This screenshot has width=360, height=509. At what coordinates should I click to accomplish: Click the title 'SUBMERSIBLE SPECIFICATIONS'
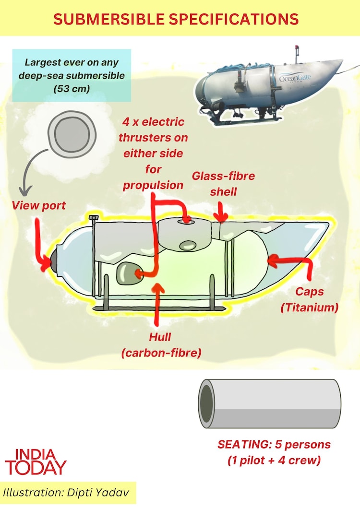pos(176,19)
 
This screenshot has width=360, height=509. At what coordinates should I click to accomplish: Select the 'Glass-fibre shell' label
pos(215,183)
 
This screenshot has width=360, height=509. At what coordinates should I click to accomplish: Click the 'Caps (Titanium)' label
pos(309,299)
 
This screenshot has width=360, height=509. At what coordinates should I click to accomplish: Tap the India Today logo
pos(36,462)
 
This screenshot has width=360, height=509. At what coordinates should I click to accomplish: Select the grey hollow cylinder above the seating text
pos(270,403)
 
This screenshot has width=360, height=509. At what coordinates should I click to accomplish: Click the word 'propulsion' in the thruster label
pos(153,185)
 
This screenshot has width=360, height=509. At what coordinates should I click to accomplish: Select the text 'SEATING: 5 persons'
pos(274,445)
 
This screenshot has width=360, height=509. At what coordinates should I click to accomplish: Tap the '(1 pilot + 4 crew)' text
pos(274,461)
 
